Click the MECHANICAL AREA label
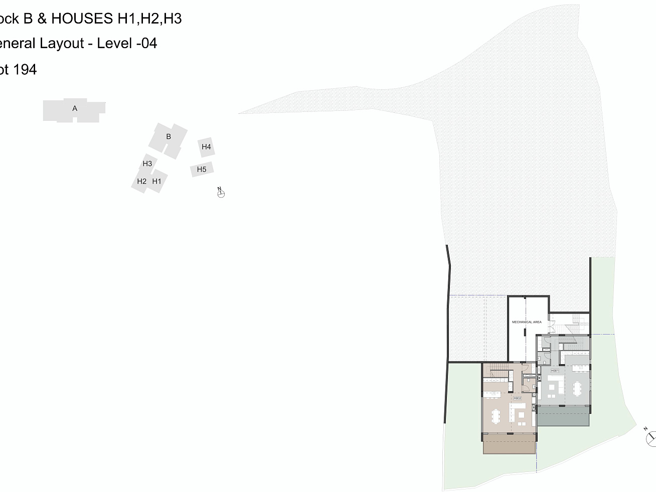pos(527,322)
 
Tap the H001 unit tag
pos(555,371)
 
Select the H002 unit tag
pos(517,398)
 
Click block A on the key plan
pos(75,109)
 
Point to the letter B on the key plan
pos(169,136)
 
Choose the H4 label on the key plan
pos(206,147)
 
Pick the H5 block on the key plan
pos(202,170)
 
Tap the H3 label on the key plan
pos(147,163)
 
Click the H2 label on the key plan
pos(141,182)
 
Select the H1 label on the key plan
pos(157,182)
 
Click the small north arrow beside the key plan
pos(221,193)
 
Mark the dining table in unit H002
pos(497,416)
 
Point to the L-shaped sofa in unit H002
pos(517,414)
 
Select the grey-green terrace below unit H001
pos(563,416)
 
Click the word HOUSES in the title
pos(82,19)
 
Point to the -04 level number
pos(146,44)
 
